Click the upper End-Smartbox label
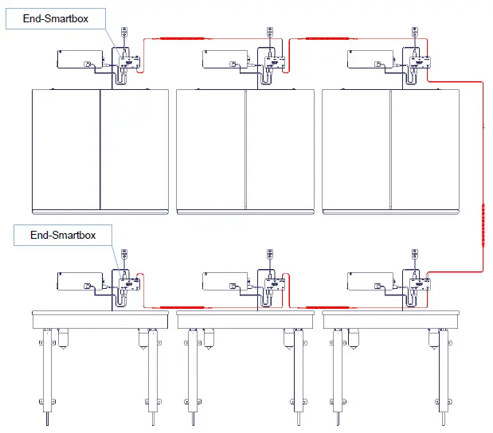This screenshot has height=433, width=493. pos(55,18)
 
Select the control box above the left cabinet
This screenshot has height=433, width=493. pos(77,59)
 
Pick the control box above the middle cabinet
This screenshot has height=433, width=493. pos(224,59)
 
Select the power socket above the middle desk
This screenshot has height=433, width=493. pos(269,254)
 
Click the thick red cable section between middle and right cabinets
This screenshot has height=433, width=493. pos(329,37)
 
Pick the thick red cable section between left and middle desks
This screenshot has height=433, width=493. pos(182,306)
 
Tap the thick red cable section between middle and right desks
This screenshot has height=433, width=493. pos(328,306)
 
